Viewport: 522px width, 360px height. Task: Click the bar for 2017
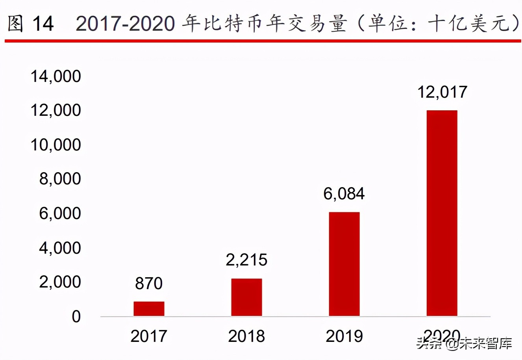tap(149, 308)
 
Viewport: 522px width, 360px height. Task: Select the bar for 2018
tap(246, 297)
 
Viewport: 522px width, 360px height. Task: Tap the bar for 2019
tap(344, 264)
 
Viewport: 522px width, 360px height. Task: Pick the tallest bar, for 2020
tap(442, 213)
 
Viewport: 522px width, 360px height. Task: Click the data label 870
tap(149, 284)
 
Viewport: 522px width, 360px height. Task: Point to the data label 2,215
tap(246, 260)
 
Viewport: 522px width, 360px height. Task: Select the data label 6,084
tap(344, 194)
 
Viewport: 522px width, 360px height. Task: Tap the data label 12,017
tap(442, 92)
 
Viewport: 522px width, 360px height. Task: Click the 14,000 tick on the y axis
tap(56, 76)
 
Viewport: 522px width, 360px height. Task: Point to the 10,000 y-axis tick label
tap(56, 145)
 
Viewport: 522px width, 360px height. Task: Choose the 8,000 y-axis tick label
tap(60, 179)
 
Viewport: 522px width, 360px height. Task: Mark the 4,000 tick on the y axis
tap(60, 248)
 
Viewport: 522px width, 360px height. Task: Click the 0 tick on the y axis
tap(76, 317)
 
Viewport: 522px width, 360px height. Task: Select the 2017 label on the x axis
tap(149, 336)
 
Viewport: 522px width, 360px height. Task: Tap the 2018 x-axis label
tap(246, 336)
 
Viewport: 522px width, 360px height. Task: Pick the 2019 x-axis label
tap(344, 336)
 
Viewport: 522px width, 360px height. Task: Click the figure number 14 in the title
tap(43, 24)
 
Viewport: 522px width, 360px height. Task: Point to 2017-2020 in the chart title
tap(125, 24)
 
